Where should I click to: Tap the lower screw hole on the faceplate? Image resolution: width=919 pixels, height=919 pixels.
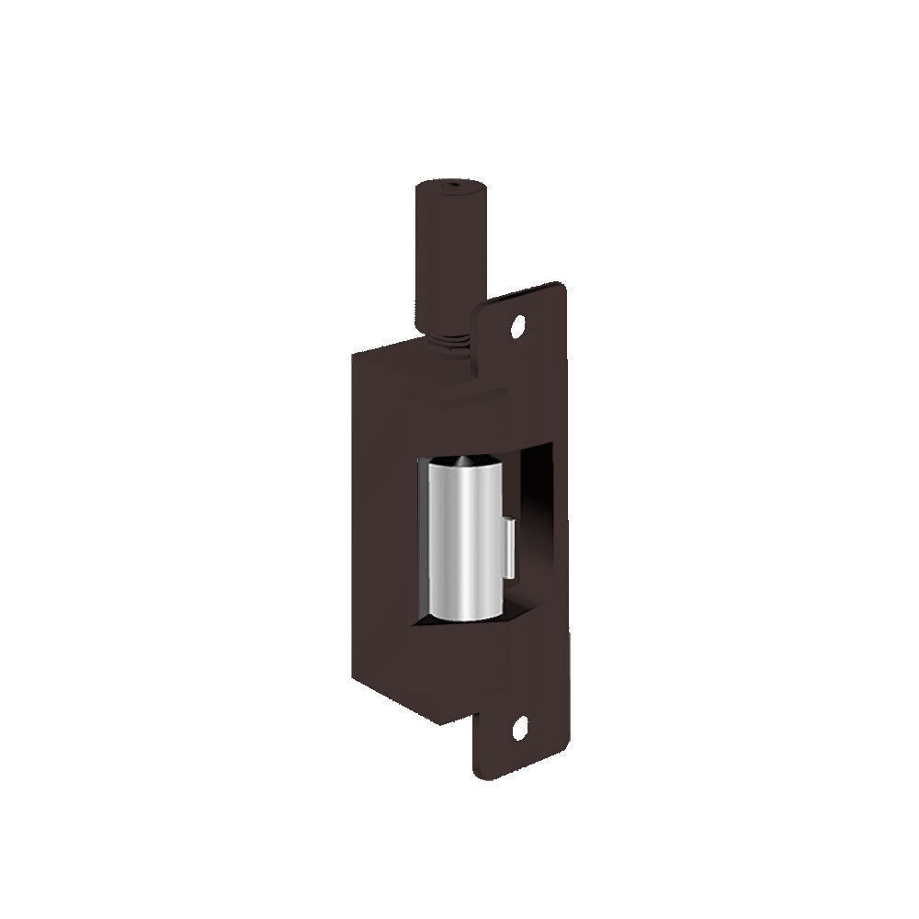coord(518,731)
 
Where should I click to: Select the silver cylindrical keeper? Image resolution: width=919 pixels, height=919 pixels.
coord(464,538)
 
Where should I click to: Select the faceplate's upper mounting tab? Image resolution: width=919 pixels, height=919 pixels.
coord(524,322)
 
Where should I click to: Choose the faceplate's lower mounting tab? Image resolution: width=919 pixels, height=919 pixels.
coord(519,735)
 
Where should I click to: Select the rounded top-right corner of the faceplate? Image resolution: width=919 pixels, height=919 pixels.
coord(560,287)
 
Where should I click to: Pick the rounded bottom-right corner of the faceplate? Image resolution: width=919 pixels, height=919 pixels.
coord(562,758)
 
